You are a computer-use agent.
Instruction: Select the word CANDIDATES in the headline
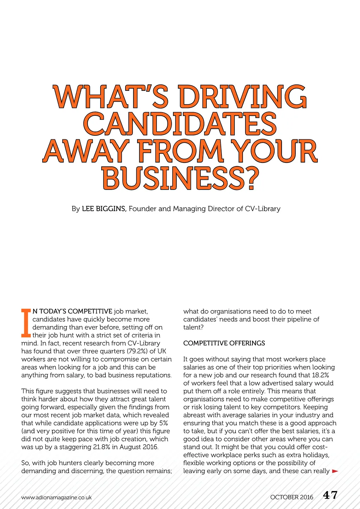(180, 124)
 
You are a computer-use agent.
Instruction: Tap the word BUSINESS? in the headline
(180, 178)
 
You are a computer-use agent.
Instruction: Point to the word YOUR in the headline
(276, 151)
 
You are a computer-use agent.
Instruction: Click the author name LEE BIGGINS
(104, 209)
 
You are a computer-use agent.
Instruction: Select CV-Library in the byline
(263, 209)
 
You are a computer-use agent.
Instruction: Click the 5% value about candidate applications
(163, 423)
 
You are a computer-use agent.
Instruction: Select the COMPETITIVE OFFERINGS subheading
(224, 343)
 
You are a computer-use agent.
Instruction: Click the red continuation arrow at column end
(335, 471)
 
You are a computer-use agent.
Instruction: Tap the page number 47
(330, 495)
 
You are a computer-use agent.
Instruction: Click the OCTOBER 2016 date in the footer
(291, 497)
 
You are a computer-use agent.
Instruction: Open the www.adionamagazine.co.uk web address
(56, 497)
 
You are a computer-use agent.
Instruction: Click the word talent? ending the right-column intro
(193, 327)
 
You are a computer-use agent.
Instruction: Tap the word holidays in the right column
(315, 455)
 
